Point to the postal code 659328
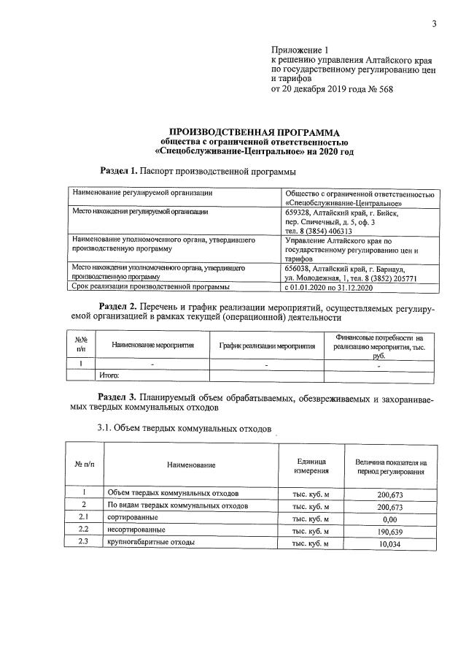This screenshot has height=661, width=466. pyautogui.click(x=299, y=213)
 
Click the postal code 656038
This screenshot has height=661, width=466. pyautogui.click(x=299, y=268)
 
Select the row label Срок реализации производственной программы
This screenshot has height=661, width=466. pyautogui.click(x=152, y=287)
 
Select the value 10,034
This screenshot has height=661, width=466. pyautogui.click(x=392, y=543)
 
